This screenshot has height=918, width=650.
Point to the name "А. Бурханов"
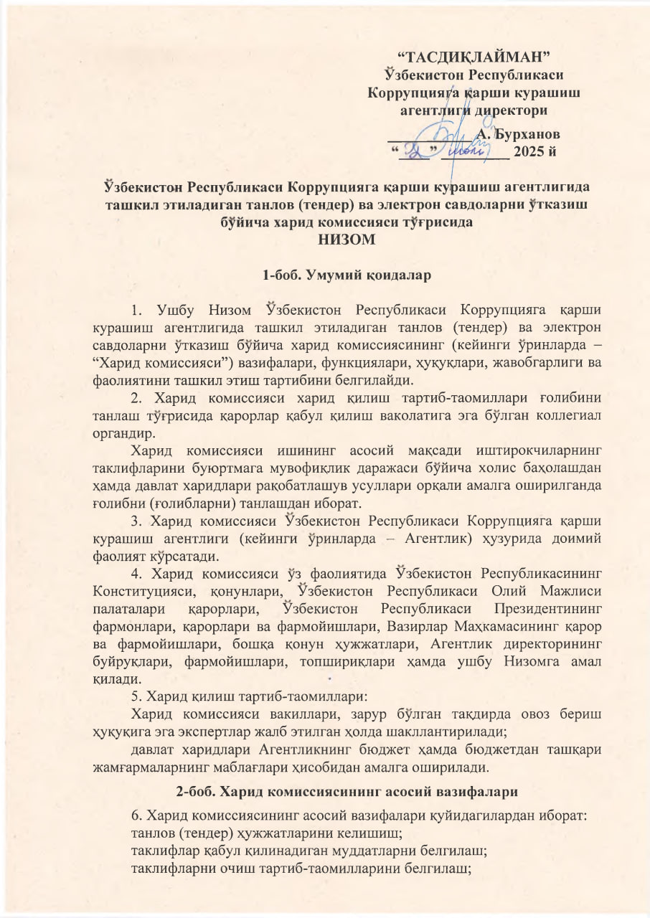tap(519, 134)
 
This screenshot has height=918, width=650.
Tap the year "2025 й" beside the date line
tap(534, 151)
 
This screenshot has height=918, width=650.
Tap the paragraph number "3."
tap(138, 520)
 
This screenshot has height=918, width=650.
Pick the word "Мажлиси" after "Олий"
tap(571, 590)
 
